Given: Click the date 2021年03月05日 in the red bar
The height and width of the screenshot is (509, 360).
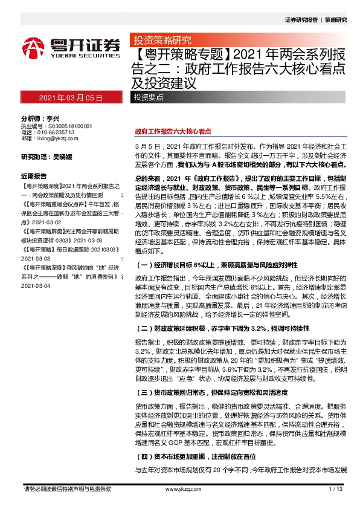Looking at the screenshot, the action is tap(68, 97).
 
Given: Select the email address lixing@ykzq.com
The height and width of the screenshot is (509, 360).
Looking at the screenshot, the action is tap(57, 138).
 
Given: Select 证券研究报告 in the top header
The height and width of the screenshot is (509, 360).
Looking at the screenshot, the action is tap(301, 19).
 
